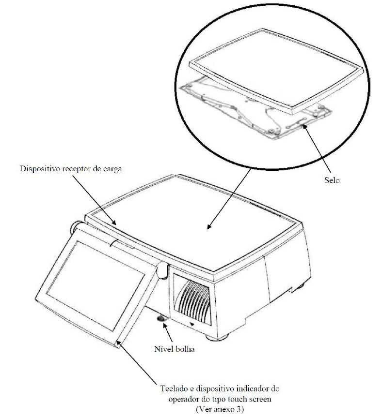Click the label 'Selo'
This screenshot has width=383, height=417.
(332, 180)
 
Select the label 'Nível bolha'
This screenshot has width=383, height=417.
(175, 349)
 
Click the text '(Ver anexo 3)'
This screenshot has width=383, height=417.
(220, 408)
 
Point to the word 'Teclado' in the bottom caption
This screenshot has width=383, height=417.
(174, 388)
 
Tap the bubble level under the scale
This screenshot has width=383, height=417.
(161, 319)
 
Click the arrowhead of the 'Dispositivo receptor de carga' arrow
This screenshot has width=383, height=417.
(114, 222)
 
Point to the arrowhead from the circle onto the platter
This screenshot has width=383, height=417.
(209, 226)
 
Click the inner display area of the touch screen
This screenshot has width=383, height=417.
(95, 285)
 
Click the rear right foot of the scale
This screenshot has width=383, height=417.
(298, 288)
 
